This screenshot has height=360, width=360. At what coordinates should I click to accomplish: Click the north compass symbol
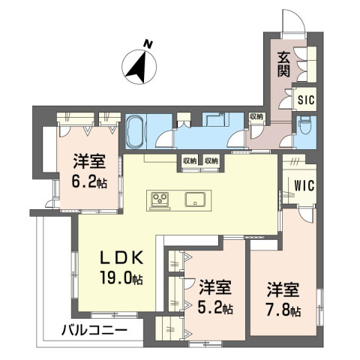[x=139, y=67]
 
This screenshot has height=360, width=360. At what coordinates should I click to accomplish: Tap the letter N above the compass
[x=148, y=44]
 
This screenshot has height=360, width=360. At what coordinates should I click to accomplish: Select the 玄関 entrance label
[x=283, y=64]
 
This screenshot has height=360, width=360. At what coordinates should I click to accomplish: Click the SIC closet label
[x=306, y=100]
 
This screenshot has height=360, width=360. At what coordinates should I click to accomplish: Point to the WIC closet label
[x=304, y=186]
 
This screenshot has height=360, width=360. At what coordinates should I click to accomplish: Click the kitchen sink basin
[x=196, y=199]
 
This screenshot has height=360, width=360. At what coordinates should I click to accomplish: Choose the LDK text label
[x=121, y=258]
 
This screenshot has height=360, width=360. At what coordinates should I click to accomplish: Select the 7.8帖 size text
[x=283, y=310]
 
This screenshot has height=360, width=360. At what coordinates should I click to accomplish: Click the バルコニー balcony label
[x=94, y=331]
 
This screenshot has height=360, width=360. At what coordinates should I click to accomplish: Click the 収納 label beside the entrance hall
[x=256, y=116]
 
